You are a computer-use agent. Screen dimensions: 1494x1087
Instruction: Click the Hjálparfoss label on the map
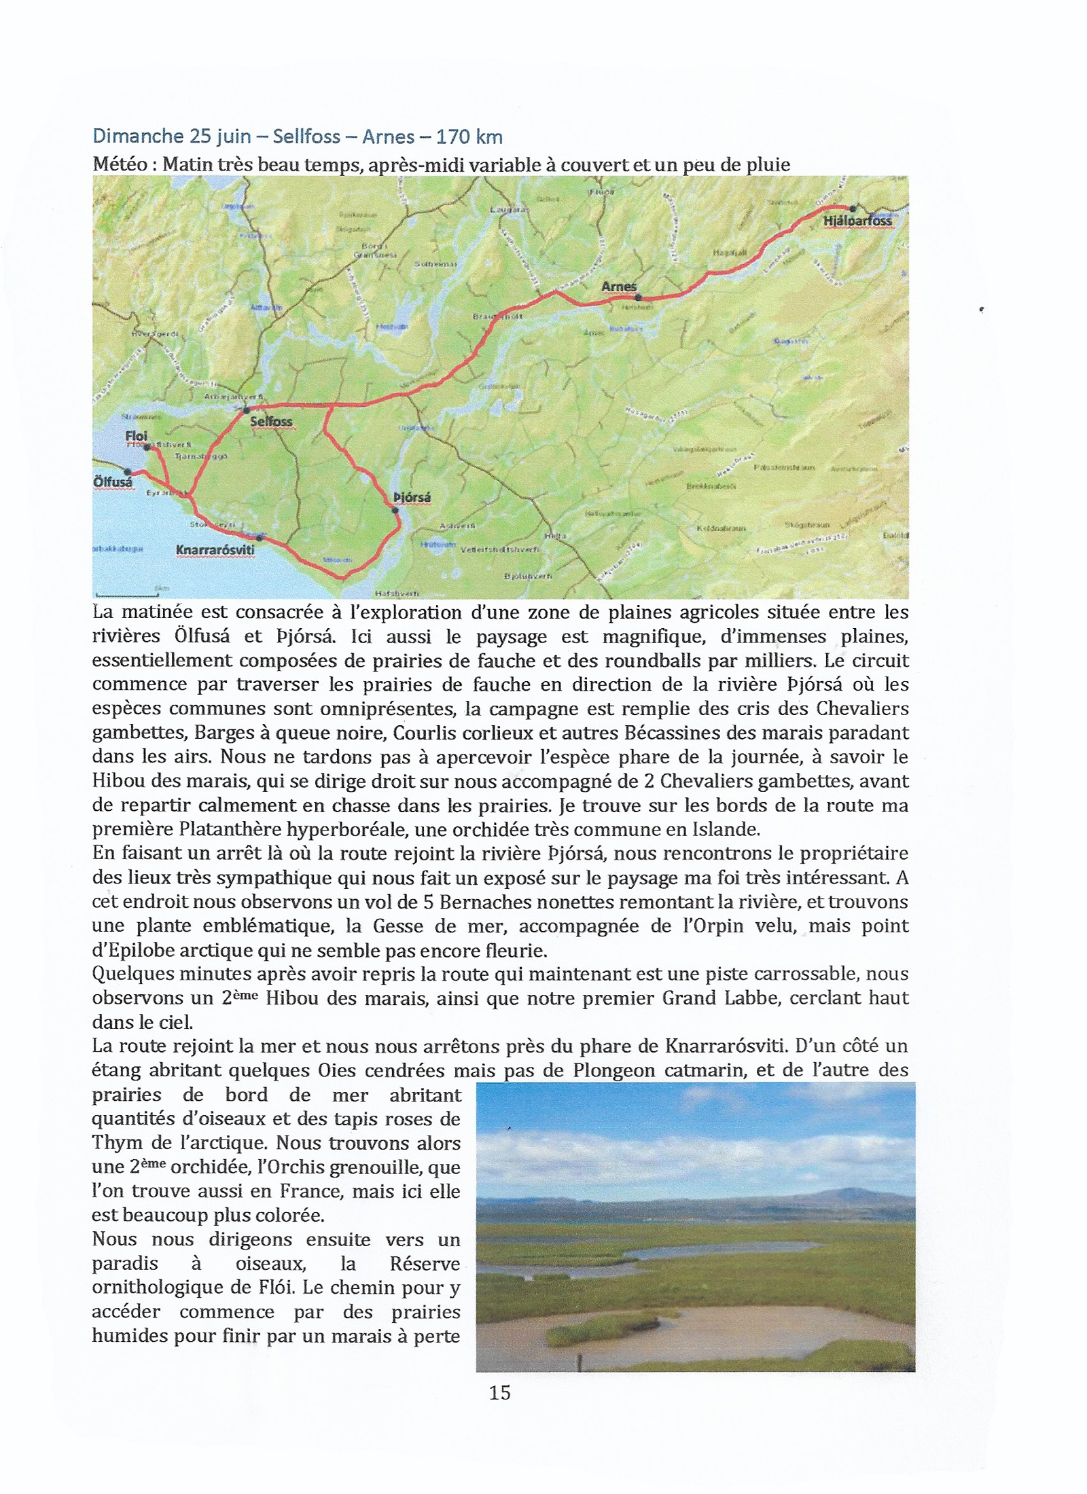tap(857, 221)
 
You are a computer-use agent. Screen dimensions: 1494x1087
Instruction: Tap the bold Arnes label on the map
tap(619, 287)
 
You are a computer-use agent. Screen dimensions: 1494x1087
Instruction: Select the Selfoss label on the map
tap(271, 421)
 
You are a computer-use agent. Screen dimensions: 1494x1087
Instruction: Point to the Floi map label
tap(137, 436)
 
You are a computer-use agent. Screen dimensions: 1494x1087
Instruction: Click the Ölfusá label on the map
tap(113, 482)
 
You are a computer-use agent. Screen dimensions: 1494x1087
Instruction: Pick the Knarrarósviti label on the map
tap(215, 550)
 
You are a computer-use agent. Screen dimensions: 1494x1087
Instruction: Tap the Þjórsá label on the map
tap(412, 498)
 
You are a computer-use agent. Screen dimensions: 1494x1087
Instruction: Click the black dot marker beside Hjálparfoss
tap(852, 209)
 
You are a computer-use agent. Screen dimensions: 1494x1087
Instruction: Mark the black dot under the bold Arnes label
tap(637, 297)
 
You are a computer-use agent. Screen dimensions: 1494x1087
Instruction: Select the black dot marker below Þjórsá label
tap(395, 510)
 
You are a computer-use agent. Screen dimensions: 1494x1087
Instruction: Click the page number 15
tap(499, 1393)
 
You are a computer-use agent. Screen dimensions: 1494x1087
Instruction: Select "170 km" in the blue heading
tap(469, 136)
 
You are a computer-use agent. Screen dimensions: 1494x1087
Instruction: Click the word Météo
tap(122, 165)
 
